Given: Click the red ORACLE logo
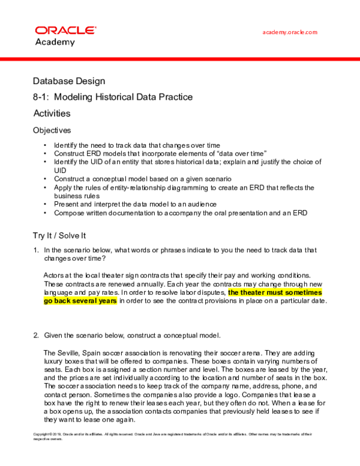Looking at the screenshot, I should tap(65, 30).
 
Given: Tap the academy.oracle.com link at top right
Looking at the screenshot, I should tap(290, 32).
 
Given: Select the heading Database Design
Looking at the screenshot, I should tap(69, 80).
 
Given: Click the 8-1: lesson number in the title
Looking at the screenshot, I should tap(42, 97).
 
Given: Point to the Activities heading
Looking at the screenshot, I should tap(52, 113).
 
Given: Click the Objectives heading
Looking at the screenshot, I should tap(52, 130).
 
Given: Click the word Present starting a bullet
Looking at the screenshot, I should tap(67, 204).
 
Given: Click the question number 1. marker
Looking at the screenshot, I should tap(37, 250).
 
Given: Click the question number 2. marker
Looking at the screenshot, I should tap(37, 334).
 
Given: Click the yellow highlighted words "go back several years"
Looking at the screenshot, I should tap(80, 301).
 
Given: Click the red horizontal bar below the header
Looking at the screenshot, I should tap(180, 59).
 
